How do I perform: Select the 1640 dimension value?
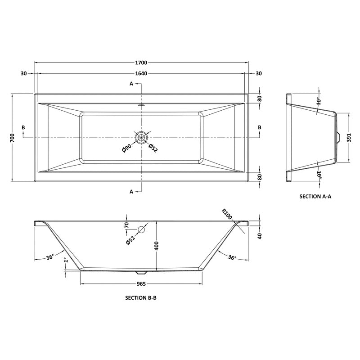pyautogui.click(x=141, y=74)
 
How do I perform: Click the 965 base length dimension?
pyautogui.click(x=141, y=284)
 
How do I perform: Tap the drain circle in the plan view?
pyautogui.click(x=141, y=137)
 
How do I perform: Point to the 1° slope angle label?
pyautogui.click(x=66, y=261)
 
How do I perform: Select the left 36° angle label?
pyautogui.click(x=50, y=257)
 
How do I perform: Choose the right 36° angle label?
pyautogui.click(x=232, y=257)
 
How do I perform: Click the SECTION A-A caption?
pyautogui.click(x=315, y=197)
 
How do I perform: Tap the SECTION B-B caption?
pyautogui.click(x=140, y=298)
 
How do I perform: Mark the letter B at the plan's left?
pyautogui.click(x=23, y=128)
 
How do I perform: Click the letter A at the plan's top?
pyautogui.click(x=132, y=84)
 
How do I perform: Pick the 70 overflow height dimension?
pyautogui.click(x=126, y=225)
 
